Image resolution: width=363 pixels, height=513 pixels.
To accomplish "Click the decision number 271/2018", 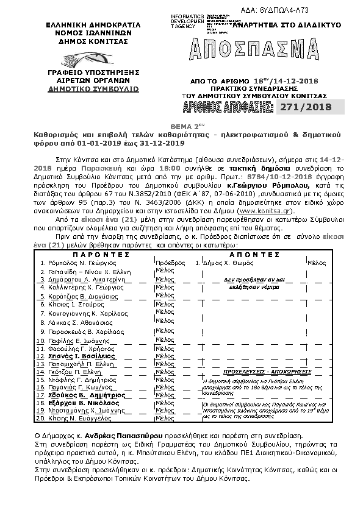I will (311, 107).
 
